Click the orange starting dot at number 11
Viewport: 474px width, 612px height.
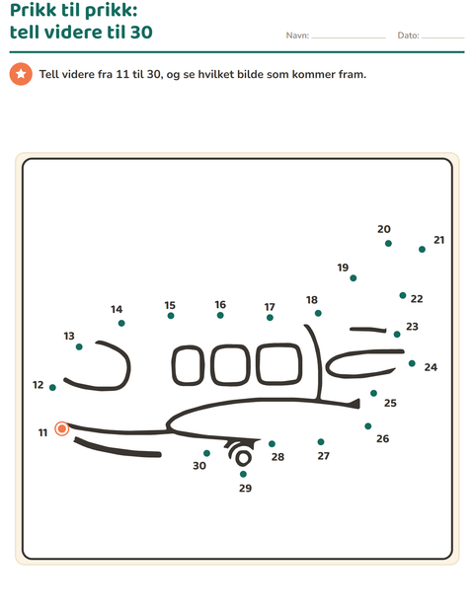(61, 428)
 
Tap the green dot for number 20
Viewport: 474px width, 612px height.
(388, 243)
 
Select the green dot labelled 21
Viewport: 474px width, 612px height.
(422, 249)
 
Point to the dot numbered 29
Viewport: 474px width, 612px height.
(243, 474)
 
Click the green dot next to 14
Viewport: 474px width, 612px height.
(121, 323)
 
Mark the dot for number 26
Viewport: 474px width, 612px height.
(367, 425)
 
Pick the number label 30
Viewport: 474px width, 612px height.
(199, 466)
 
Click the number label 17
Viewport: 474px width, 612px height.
(270, 307)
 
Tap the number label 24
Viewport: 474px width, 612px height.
(431, 367)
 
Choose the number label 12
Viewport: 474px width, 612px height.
(38, 385)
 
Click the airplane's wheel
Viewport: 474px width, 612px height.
(243, 458)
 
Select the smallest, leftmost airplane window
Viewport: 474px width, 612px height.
(189, 365)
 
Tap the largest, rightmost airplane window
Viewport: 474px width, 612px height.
(279, 363)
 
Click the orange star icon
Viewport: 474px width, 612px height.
(21, 74)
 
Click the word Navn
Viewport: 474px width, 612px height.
(296, 36)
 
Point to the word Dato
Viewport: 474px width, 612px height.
(407, 36)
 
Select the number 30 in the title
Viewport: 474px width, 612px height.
(141, 32)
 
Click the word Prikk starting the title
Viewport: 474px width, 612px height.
(33, 11)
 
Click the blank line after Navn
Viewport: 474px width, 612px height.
(349, 38)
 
